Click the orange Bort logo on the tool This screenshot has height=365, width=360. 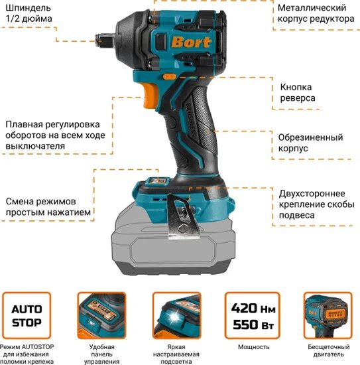click(191, 42)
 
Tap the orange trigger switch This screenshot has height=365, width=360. click(150, 96)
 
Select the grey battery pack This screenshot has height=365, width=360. click(173, 244)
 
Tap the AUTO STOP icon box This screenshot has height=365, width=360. click(27, 315)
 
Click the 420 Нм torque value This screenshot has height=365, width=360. click(253, 308)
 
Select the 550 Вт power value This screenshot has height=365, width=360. click(253, 325)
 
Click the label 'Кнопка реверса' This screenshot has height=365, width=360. click(298, 92)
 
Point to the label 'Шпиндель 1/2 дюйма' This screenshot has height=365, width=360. click(29, 13)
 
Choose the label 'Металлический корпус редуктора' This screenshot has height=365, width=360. click(316, 13)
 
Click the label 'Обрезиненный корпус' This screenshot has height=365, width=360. click(310, 143)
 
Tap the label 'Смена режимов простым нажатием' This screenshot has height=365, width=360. click(48, 206)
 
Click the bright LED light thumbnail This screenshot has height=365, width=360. click(177, 315)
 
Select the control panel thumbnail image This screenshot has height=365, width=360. click(101, 315)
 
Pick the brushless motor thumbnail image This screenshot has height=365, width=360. click(328, 315)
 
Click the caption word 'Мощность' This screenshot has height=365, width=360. click(253, 347)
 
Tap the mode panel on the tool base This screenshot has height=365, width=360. click(158, 181)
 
